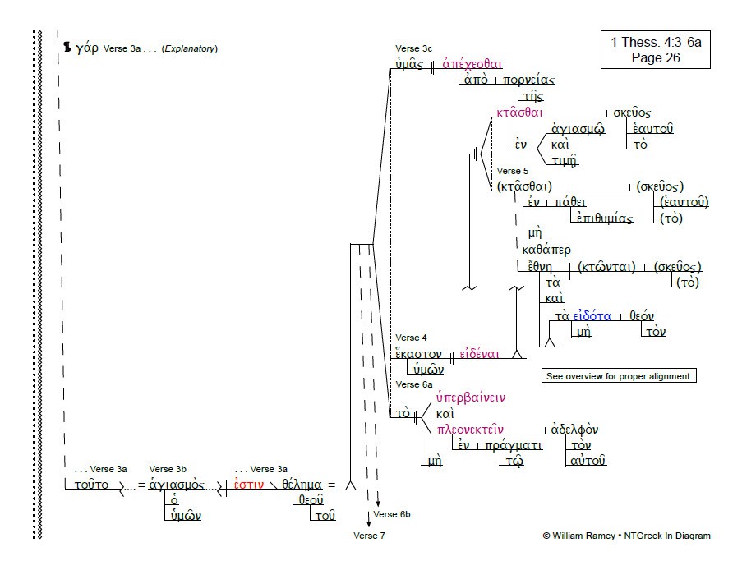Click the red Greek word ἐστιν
coord(249,485)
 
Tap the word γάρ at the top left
coord(87,48)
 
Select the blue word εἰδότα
coord(592,316)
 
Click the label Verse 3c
coord(413,48)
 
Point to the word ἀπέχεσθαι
coord(472,63)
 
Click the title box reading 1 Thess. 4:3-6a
coord(656,49)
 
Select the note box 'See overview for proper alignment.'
coord(619,376)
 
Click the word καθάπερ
coord(546,250)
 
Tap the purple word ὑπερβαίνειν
coord(471,398)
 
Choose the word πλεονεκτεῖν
coord(470,429)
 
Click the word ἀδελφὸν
coord(574,429)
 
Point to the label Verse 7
coord(369,536)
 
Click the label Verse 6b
coord(392,514)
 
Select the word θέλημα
coord(302,485)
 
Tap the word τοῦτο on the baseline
coord(91,485)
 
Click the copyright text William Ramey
coord(583,536)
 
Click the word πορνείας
coord(528,80)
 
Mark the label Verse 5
coord(513,171)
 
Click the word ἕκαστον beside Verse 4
coord(418,354)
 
